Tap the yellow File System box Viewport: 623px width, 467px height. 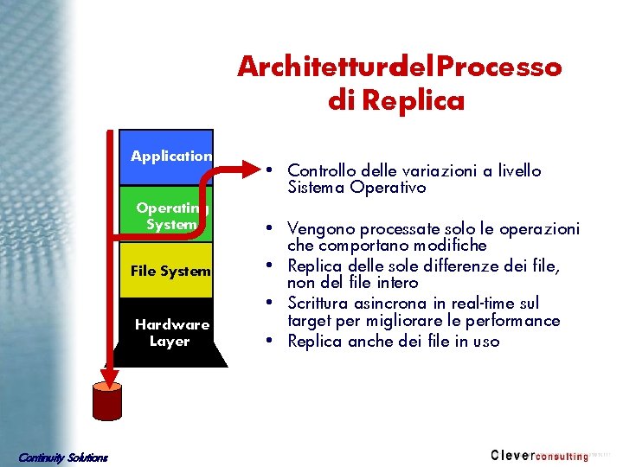click(170, 272)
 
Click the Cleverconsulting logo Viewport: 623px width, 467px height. click(539, 455)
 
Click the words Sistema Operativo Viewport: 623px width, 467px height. click(357, 187)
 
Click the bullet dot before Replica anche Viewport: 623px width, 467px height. click(272, 340)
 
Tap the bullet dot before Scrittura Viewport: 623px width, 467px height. click(272, 303)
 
